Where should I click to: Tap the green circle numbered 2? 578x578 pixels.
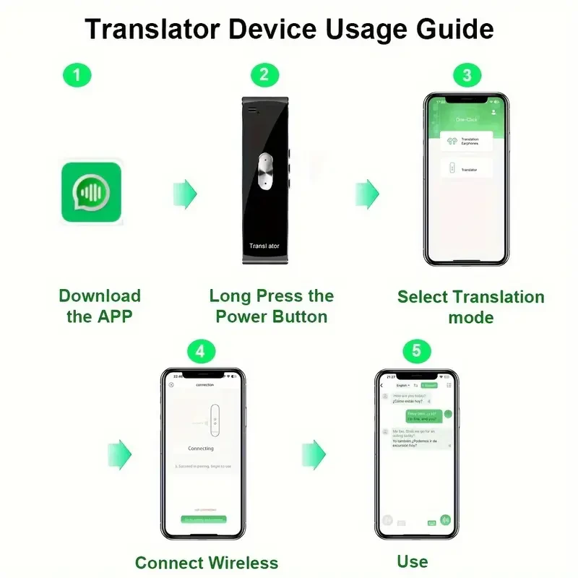coord(264,75)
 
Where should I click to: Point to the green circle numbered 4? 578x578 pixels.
coord(201,352)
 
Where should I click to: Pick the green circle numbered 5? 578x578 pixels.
coord(416,352)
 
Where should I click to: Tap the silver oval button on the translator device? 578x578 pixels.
coord(265,173)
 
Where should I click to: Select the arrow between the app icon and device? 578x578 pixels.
coord(185,193)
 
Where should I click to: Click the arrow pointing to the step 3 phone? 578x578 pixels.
coord(367,193)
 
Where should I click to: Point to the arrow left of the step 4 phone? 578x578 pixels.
coord(120,454)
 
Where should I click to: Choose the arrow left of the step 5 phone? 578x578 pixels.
coord(314,454)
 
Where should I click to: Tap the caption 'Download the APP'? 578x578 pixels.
coord(100,306)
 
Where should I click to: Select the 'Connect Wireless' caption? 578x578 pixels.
coord(207,562)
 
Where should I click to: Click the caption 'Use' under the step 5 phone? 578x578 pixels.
coord(413,561)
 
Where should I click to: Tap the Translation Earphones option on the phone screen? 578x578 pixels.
coord(466,141)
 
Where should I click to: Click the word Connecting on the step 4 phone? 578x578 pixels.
coord(201,449)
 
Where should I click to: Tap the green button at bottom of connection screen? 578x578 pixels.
coord(203,519)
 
